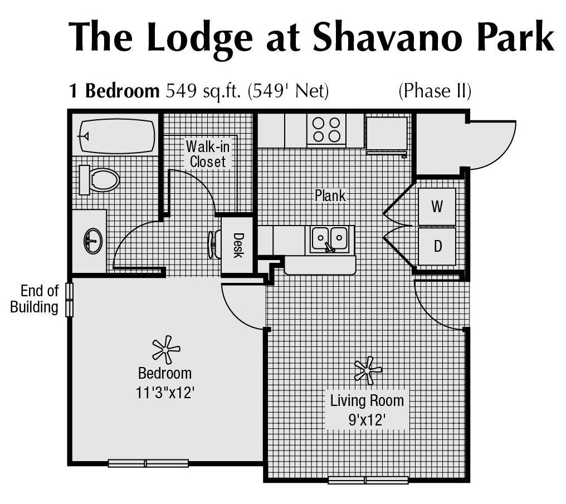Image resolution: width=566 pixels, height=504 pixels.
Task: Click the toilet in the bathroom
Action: point(100,179)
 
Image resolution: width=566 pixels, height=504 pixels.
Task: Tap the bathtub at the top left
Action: point(116,136)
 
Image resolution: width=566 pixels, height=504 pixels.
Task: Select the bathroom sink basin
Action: point(93,242)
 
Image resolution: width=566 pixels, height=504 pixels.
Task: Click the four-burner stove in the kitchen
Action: point(326,129)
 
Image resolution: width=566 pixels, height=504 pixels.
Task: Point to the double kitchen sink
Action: point(329,239)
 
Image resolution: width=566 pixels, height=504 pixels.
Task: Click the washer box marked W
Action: point(437,207)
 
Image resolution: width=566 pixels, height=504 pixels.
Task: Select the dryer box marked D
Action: point(437,246)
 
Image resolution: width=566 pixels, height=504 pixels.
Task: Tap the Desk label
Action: point(238,246)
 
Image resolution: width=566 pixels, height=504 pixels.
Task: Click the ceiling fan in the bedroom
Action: point(165,350)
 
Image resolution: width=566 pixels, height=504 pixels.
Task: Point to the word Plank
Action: point(330,196)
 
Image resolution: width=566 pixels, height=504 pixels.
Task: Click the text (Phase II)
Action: point(435,91)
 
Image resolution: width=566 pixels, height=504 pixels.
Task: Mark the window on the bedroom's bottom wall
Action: point(148,463)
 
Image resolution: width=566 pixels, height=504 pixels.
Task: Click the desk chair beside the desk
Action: point(213,244)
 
